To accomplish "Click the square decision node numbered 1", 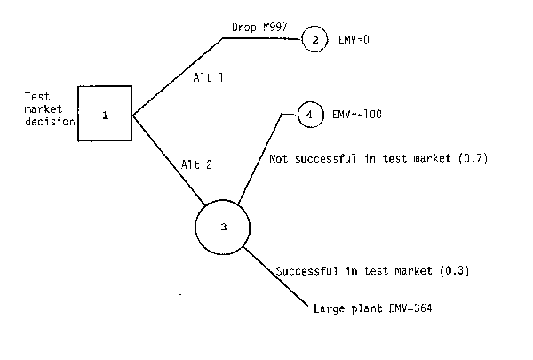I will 105,114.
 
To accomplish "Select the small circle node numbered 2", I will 314,39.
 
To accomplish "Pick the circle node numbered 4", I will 308,115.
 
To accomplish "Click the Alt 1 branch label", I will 208,78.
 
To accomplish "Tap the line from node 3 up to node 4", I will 258,155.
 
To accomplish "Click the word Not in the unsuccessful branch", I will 278,158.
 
